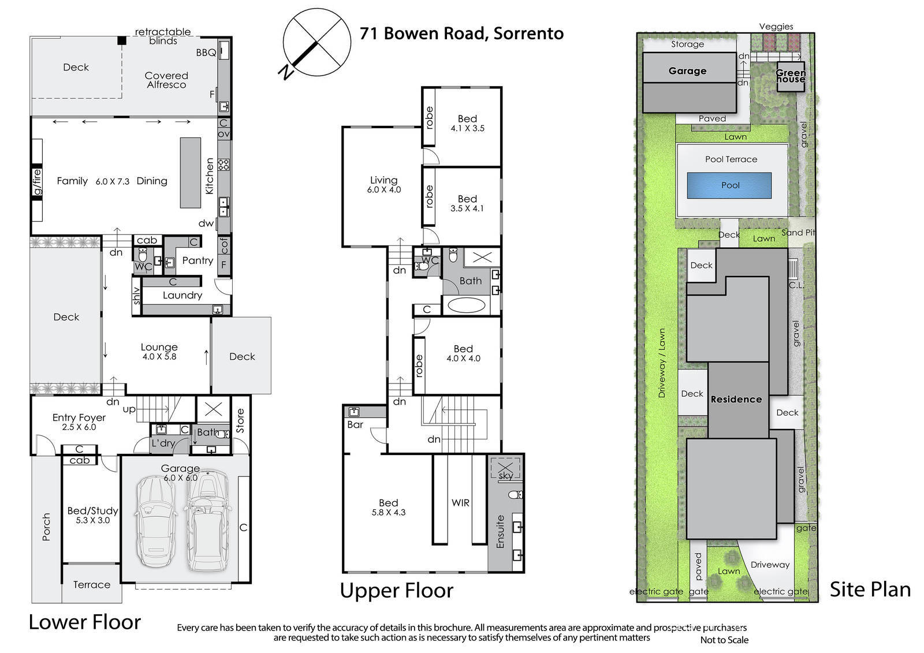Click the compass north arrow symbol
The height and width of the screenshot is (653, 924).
(x=317, y=42)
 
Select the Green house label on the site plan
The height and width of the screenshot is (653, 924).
(x=791, y=76)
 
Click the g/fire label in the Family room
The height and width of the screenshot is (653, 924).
(x=37, y=182)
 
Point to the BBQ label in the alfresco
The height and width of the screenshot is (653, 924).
(x=206, y=53)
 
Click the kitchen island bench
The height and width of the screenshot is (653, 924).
(x=190, y=173)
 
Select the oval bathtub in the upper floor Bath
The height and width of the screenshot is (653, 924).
(x=467, y=305)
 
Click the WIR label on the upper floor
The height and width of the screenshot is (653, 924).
(x=460, y=503)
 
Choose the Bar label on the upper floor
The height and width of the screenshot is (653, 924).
(x=355, y=424)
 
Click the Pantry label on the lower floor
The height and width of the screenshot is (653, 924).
(x=198, y=261)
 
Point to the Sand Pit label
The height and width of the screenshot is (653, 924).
(x=798, y=233)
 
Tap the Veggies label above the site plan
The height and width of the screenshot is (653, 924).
(x=776, y=27)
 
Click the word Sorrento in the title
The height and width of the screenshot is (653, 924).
(x=528, y=33)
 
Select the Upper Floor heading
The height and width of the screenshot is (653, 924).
(x=396, y=590)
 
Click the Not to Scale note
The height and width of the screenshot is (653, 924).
(x=724, y=640)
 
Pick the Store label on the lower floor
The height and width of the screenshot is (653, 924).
(x=240, y=420)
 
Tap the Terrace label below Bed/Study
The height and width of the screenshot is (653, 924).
(x=92, y=584)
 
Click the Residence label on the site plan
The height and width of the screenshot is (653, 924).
(x=736, y=400)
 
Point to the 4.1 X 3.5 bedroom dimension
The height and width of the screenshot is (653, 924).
(x=467, y=128)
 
